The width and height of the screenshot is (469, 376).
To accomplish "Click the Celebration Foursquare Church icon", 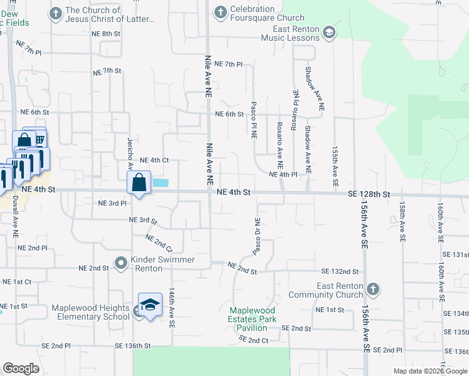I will coord(220,11).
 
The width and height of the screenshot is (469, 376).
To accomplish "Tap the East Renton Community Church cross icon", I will coord(373,290).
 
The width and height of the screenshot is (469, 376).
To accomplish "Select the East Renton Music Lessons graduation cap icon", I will coord(330,33).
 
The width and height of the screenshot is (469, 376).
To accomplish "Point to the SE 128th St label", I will coord(369,195).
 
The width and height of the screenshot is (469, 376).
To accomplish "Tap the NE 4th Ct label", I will coord(154,160).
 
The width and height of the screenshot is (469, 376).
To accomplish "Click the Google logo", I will coord(21,368).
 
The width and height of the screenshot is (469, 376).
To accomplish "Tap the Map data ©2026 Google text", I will coord(430,371).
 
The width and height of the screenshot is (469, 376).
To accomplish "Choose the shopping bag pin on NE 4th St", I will coord(139,183).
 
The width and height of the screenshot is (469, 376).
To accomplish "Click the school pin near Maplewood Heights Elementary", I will coord(150,305).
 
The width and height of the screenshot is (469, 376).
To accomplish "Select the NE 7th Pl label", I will coord(228,65).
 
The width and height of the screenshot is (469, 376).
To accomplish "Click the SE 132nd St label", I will coord(340,272).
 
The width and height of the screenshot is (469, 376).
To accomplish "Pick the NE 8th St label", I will coord(105,34).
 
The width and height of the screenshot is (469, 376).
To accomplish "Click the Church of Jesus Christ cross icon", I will coord(55,13).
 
